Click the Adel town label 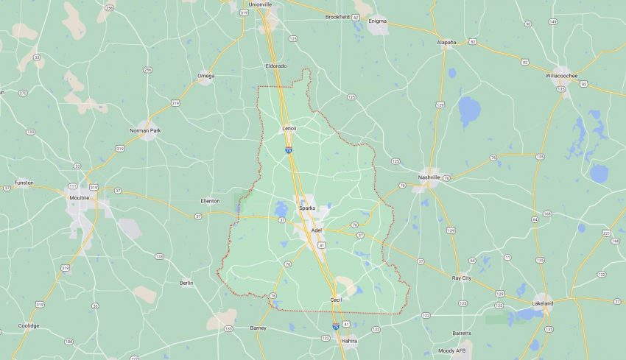(x=317, y=230)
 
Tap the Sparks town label (x=307, y=208)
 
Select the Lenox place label (x=289, y=128)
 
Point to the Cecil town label (x=336, y=300)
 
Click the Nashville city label (x=429, y=177)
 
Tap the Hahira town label (x=348, y=341)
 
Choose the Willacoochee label (x=563, y=76)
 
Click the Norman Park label (x=144, y=130)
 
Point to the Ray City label (x=461, y=278)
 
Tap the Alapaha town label (x=446, y=42)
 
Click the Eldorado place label (x=276, y=66)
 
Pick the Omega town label (x=205, y=75)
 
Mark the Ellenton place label (x=210, y=200)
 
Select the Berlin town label (x=186, y=283)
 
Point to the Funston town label (x=24, y=183)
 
